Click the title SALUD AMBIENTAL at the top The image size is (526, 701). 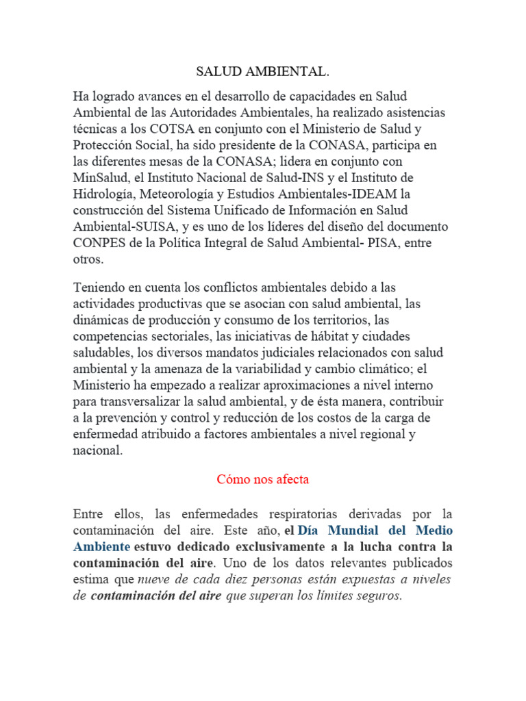click(262, 71)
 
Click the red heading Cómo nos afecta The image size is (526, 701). click(263, 479)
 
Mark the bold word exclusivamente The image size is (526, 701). click(290, 547)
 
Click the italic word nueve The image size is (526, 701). click(155, 579)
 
